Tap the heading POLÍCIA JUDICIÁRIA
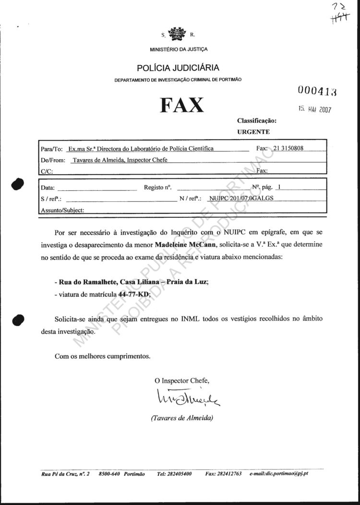[x=178, y=68]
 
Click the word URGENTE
[x=253, y=131]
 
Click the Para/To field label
[x=52, y=149]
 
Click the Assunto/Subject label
[x=63, y=210]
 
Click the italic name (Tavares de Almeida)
[x=182, y=418]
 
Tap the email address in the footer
[x=279, y=474]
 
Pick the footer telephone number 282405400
[x=174, y=474]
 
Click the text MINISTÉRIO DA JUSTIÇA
[x=179, y=49]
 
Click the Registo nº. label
[x=158, y=188]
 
